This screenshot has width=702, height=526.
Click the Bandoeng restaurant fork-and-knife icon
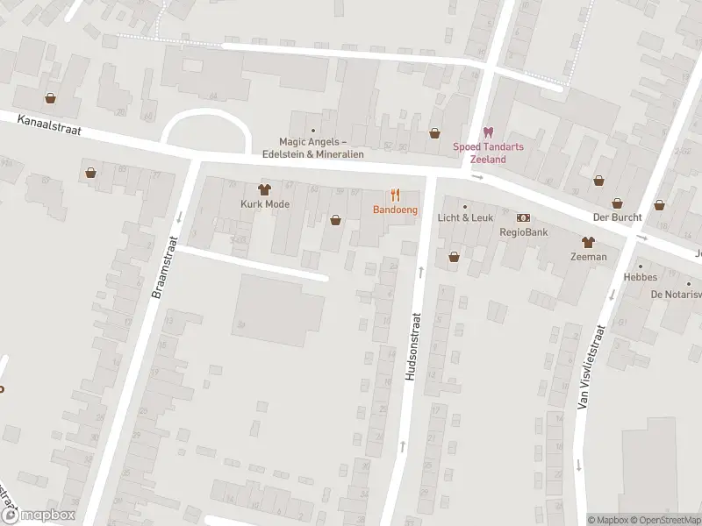[x=395, y=195]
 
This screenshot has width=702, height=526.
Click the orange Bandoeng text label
[x=395, y=210]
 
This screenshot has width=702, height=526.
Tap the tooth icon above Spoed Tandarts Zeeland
[x=488, y=131]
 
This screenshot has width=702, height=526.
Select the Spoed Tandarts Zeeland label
[x=488, y=153]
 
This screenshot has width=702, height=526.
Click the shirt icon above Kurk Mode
[x=263, y=188]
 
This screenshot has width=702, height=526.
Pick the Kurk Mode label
[x=265, y=203]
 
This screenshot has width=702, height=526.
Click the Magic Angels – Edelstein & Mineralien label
[x=313, y=146]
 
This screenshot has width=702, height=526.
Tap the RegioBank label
[x=524, y=232]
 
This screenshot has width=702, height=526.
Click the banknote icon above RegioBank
[x=524, y=217]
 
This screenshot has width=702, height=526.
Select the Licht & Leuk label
[x=465, y=217]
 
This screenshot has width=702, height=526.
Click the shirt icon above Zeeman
[x=587, y=242]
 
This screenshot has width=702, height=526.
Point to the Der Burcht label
[x=617, y=217]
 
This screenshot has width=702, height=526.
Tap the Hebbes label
[x=641, y=276]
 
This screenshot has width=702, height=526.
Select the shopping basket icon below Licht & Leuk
[x=454, y=257]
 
